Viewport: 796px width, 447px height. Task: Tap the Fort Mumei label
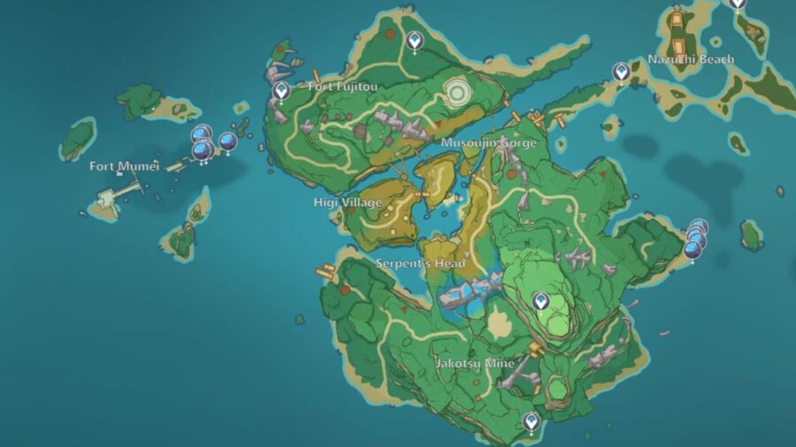click(x=118, y=166)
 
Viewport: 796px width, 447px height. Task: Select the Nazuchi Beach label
click(x=691, y=59)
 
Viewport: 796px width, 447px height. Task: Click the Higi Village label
click(x=348, y=203)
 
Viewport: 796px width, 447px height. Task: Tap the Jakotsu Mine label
click(x=475, y=363)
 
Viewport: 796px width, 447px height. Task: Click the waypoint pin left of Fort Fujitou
click(x=282, y=90)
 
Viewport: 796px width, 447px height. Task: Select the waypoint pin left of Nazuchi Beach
click(x=623, y=72)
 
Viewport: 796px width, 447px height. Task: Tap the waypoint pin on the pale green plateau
click(x=540, y=301)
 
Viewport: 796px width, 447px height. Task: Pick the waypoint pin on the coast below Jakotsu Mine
click(x=531, y=421)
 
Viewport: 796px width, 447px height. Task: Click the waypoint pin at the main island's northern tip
click(x=415, y=40)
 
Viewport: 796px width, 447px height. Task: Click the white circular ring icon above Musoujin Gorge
click(x=458, y=93)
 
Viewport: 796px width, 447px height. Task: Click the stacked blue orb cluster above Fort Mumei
click(x=203, y=144)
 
